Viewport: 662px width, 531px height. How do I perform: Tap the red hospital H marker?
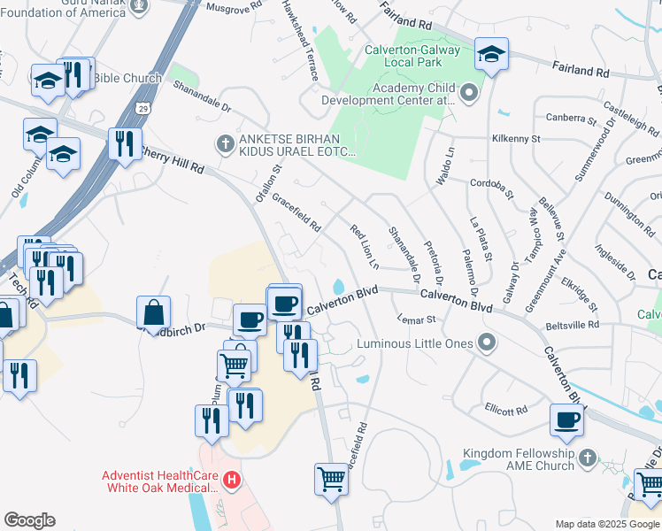232,481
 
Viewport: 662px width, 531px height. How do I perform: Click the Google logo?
29,520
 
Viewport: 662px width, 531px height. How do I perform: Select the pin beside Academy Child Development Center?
468,92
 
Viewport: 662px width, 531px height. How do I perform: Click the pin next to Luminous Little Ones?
486,342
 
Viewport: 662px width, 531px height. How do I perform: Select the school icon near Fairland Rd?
491,55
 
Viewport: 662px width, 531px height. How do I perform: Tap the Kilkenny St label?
516,139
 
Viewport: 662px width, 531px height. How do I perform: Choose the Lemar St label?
417,319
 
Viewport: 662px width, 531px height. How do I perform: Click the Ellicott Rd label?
505,410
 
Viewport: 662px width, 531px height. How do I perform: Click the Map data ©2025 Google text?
607,524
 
